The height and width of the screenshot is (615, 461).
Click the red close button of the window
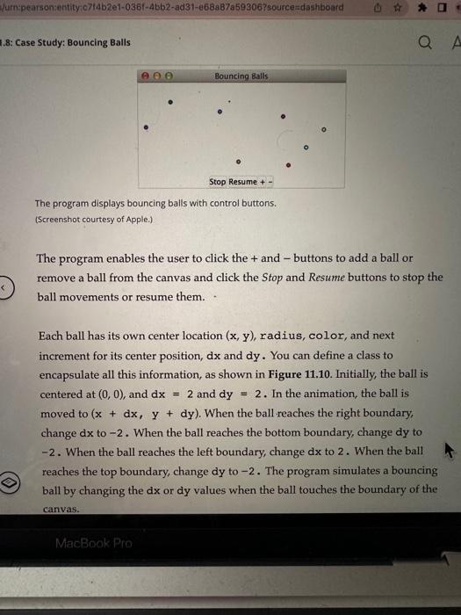point(148,76)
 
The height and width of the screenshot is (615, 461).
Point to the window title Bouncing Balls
point(241,76)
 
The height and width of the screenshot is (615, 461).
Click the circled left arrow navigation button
point(6,289)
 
